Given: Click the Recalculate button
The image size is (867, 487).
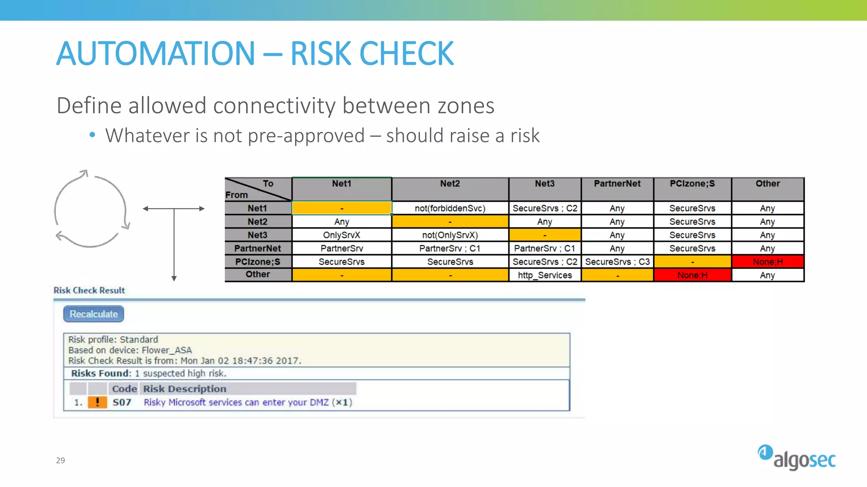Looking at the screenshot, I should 94,314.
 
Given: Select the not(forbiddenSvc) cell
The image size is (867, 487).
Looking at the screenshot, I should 450,208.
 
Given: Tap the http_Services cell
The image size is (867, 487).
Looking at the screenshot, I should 544,275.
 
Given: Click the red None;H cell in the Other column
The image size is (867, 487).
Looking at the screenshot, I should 768,262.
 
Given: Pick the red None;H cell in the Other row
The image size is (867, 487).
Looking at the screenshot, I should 692,275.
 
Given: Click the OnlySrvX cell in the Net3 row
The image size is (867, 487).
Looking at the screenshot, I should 341,235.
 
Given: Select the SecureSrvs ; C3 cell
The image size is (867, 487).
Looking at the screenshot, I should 617,262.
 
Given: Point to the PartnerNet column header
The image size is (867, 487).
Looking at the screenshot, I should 617,184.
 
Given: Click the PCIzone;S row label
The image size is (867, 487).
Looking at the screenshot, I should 257,262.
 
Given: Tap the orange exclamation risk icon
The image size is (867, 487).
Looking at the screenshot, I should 97,402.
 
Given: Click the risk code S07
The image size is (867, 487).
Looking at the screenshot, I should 122,402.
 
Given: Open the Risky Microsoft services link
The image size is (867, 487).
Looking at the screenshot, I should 236,402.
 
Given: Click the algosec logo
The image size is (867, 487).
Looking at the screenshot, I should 797,458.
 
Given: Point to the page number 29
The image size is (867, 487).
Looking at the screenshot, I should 61,460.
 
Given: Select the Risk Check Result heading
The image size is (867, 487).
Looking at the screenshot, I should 89,290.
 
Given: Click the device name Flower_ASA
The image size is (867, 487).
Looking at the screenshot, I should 166,350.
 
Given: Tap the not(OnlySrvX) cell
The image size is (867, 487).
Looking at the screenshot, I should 450,235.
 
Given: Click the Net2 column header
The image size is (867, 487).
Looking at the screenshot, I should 450,184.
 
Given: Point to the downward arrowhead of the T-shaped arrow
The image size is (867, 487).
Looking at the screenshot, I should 174,278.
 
